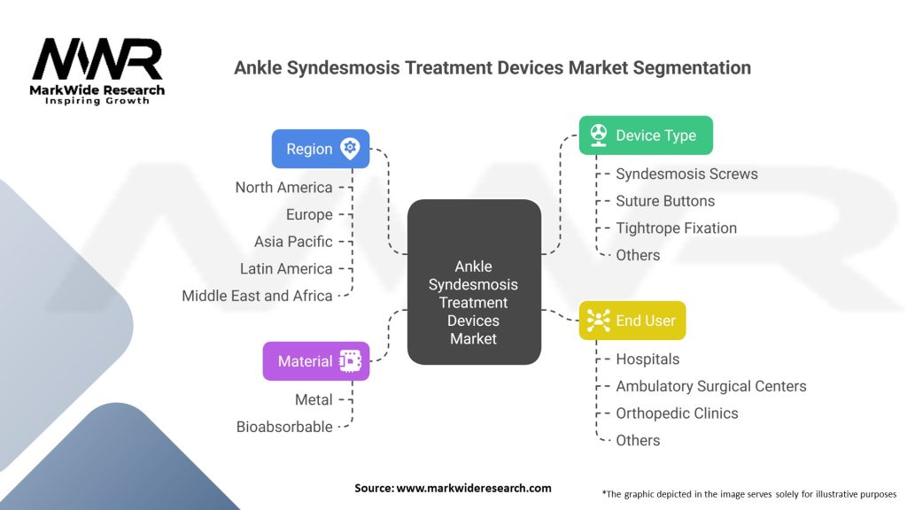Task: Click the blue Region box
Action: (321, 149)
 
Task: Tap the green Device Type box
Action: (646, 135)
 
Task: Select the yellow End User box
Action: (632, 321)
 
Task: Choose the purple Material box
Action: (316, 361)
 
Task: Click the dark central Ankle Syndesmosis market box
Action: (474, 282)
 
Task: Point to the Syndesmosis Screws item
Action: (686, 174)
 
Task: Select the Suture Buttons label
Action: (665, 201)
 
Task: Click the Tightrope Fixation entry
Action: (676, 228)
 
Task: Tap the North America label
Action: (283, 188)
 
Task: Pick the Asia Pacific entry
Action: (293, 241)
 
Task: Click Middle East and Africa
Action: (257, 296)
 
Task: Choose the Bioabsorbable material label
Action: (284, 427)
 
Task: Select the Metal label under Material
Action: (314, 399)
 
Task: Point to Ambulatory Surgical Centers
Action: (711, 386)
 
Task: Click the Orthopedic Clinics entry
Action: (677, 413)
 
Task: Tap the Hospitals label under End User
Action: (647, 359)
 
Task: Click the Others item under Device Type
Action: (638, 255)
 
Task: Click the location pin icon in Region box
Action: (350, 149)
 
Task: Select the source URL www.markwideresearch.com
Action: (473, 488)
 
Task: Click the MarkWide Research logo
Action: (97, 72)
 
